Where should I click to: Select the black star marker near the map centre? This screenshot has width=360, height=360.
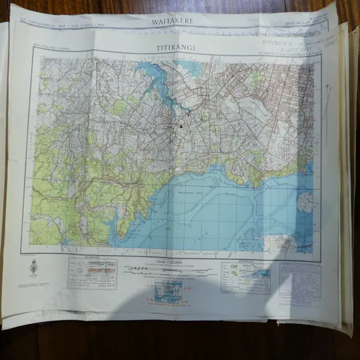(181, 125)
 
